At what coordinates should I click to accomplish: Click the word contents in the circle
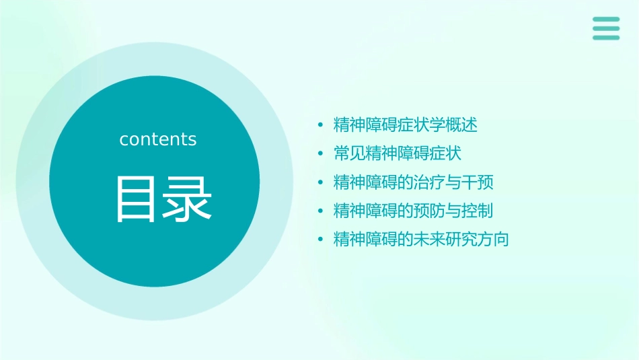coord(158,139)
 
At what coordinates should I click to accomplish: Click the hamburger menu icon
coord(605,28)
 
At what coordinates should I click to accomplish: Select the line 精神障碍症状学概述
coord(406,125)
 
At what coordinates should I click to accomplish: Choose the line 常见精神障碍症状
coord(398,153)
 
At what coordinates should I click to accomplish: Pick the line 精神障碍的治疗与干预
coord(414,182)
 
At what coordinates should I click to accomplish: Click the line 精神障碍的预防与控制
coord(414,211)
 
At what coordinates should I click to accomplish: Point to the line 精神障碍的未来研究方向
coord(421,240)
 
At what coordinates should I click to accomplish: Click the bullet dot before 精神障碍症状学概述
coord(321,126)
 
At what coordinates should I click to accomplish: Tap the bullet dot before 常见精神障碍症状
coord(321,154)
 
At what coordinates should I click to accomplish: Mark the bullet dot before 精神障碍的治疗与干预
coord(321,183)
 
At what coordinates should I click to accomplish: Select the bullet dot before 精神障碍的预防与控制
coord(321,211)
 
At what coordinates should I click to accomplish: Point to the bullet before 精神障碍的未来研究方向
coord(321,240)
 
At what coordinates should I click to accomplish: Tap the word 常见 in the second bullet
coord(350,153)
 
